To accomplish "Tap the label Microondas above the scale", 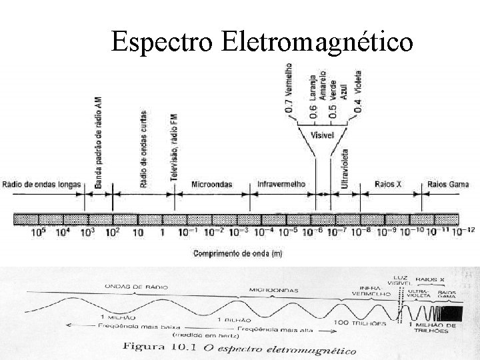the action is click(212, 184).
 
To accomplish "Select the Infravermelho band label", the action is click(281, 184).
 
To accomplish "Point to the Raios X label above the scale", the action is click(388, 184).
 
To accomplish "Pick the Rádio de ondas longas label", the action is click(41, 184).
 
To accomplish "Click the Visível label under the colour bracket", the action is click(323, 136).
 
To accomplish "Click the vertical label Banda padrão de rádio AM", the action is click(99, 143).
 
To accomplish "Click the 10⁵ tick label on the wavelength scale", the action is click(39, 233).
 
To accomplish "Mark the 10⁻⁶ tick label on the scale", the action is click(312, 233).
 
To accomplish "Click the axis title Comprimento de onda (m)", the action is click(238, 253).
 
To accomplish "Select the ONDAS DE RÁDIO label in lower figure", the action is click(136, 287).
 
